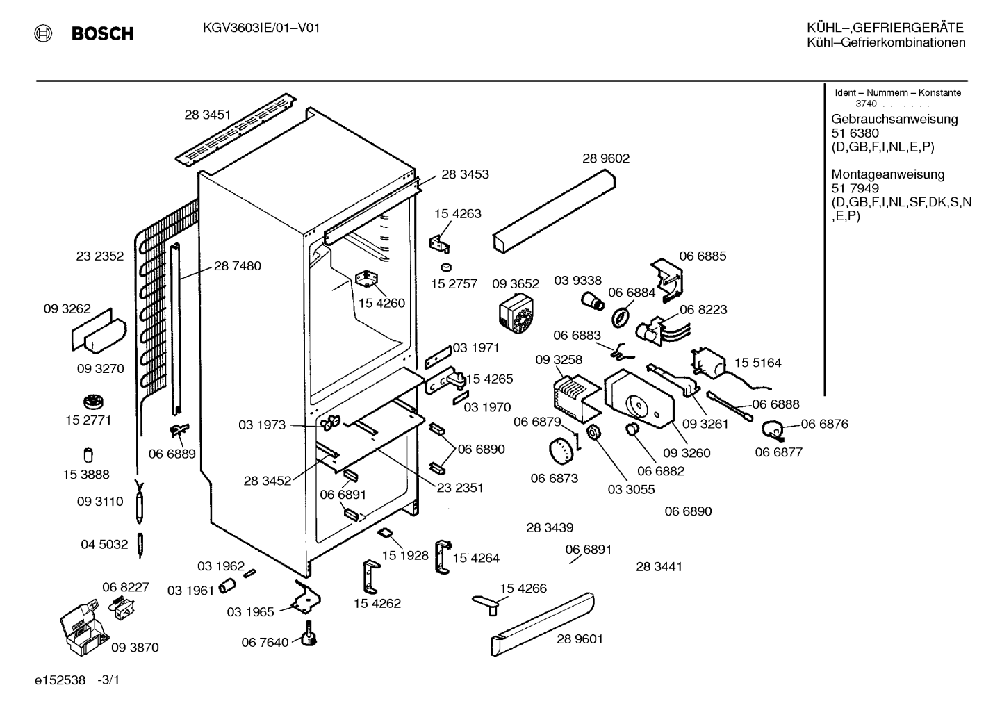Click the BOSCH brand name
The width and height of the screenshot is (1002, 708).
pyautogui.click(x=102, y=34)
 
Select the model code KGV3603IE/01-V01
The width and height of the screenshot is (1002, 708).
pyautogui.click(x=261, y=28)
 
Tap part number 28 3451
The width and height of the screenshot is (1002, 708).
pyautogui.click(x=208, y=115)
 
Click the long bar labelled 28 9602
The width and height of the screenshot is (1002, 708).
pyautogui.click(x=555, y=211)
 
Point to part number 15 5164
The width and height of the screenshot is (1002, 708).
pyautogui.click(x=758, y=363)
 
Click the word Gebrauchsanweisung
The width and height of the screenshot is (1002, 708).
pyautogui.click(x=895, y=120)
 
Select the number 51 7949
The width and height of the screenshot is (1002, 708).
pyautogui.click(x=855, y=188)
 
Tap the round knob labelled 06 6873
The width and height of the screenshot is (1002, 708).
pyautogui.click(x=561, y=451)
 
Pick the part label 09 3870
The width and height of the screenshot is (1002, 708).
pyautogui.click(x=135, y=648)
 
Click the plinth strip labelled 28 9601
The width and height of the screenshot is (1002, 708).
pyautogui.click(x=543, y=625)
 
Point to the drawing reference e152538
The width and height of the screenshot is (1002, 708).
pyautogui.click(x=60, y=680)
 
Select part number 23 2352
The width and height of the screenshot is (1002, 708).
pyautogui.click(x=100, y=256)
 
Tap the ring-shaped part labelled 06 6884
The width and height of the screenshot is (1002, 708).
pyautogui.click(x=620, y=318)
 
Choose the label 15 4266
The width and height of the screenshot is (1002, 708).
pyautogui.click(x=523, y=588)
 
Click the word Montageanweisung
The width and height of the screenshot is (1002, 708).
pyautogui.click(x=888, y=174)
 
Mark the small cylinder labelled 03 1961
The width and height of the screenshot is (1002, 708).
pyautogui.click(x=227, y=586)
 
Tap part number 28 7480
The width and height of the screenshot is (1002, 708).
pyautogui.click(x=238, y=266)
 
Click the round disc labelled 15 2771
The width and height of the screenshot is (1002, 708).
pyautogui.click(x=94, y=401)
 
